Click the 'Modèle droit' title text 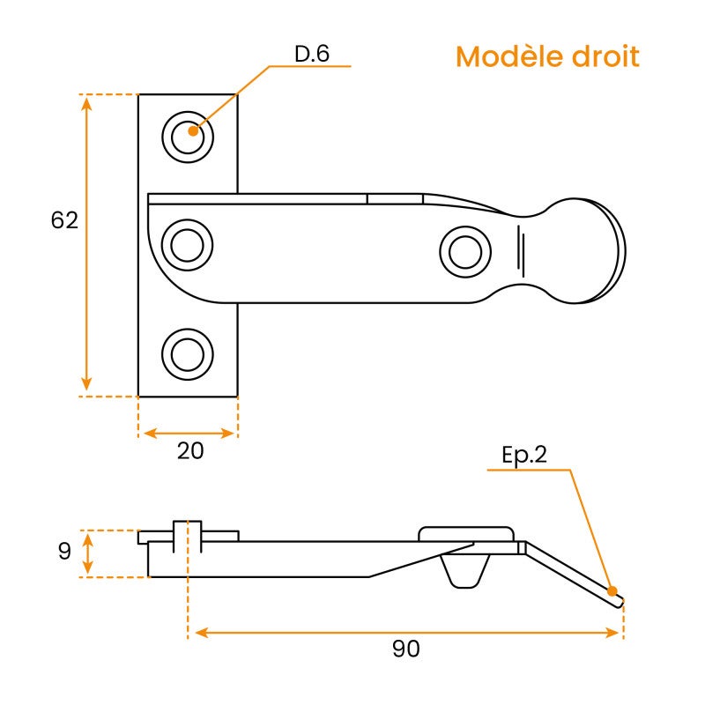[546, 57]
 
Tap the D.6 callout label [312, 55]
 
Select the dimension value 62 [64, 220]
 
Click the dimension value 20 [190, 450]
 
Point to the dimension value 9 [63, 553]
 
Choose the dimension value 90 [405, 649]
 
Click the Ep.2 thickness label [524, 456]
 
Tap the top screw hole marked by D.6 [188, 137]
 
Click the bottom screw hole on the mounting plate [187, 354]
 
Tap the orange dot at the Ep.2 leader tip [612, 590]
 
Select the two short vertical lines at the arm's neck [522, 251]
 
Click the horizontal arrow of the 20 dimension [189, 433]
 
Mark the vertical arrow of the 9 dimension [87, 553]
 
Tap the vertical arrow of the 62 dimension [86, 244]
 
